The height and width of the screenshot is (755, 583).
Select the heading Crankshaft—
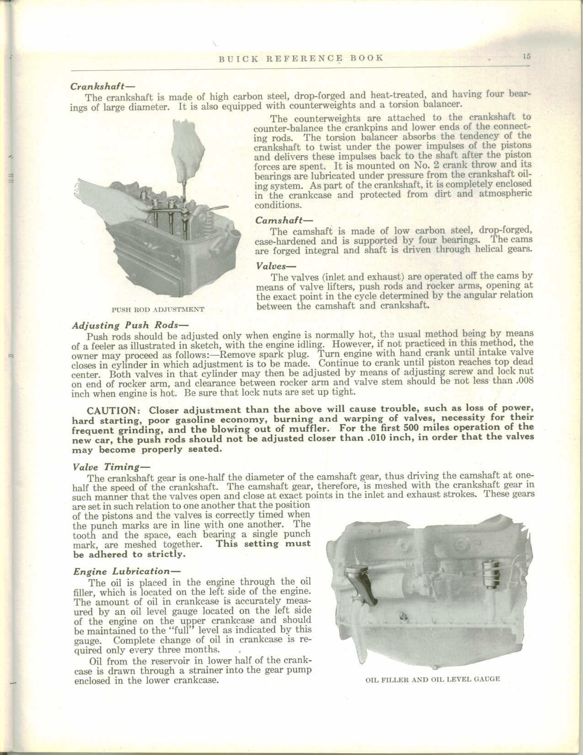pyautogui.click(x=101, y=86)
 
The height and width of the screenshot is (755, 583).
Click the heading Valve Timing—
pyautogui.click(x=106, y=467)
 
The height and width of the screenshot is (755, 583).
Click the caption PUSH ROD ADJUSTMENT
pyautogui.click(x=158, y=310)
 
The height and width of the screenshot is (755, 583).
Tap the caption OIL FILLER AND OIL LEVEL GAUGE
pyautogui.click(x=433, y=679)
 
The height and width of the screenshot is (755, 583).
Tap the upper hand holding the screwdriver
pyautogui.click(x=185, y=146)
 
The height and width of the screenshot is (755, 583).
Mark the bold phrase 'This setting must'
pyautogui.click(x=263, y=544)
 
